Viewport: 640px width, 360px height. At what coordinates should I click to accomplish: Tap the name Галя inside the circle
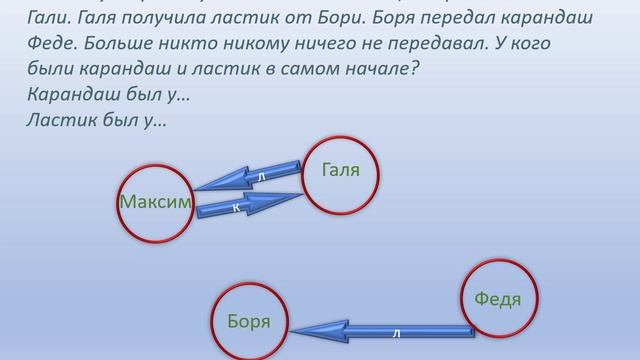tap(340, 171)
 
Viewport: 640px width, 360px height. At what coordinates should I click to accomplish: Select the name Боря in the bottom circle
tap(249, 322)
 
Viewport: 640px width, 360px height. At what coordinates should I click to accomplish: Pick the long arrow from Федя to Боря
tap(380, 328)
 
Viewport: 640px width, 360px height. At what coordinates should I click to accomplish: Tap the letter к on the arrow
tap(235, 208)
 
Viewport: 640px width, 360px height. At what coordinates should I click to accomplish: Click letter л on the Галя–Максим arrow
tap(261, 176)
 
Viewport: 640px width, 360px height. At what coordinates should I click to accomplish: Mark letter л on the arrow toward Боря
tap(396, 331)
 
